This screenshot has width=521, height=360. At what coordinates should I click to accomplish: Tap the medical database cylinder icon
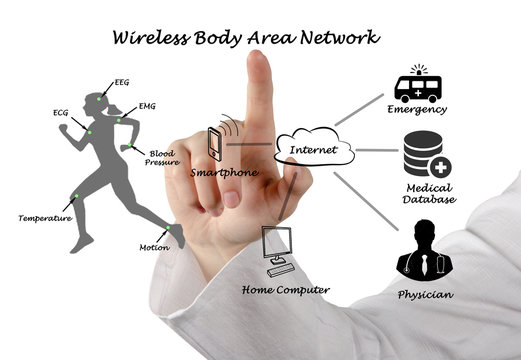click(426, 156)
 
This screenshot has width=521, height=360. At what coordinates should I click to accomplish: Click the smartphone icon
click(215, 144)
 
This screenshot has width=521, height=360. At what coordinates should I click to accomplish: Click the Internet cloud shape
click(312, 150)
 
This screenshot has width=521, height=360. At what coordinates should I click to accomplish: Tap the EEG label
click(122, 82)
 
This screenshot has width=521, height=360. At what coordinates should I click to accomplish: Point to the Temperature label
click(45, 218)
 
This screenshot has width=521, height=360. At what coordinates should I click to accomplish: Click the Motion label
click(152, 246)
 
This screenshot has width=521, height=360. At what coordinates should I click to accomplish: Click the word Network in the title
click(338, 38)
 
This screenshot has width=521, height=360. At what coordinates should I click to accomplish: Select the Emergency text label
click(418, 110)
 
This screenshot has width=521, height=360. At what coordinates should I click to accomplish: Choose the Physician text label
click(425, 295)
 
